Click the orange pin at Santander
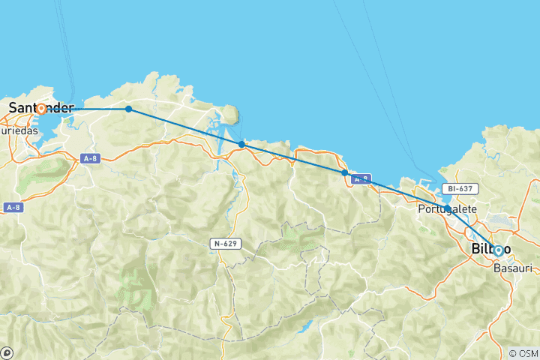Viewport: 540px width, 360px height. [x=41, y=109]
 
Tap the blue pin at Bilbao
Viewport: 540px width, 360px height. [x=498, y=250]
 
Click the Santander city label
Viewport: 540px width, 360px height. [x=41, y=108]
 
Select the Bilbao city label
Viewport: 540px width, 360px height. [x=491, y=249]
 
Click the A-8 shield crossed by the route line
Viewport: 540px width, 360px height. [x=361, y=178]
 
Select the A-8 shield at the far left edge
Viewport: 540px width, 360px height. [x=11, y=208]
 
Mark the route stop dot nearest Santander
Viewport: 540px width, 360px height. [x=129, y=109]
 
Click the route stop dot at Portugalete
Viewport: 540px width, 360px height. [x=447, y=208]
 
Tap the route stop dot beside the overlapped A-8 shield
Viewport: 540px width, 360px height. [x=344, y=172]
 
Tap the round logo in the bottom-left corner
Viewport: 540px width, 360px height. [x=7, y=352]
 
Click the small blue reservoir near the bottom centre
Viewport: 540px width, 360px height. [x=305, y=327]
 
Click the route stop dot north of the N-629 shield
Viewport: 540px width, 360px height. [x=241, y=144]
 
